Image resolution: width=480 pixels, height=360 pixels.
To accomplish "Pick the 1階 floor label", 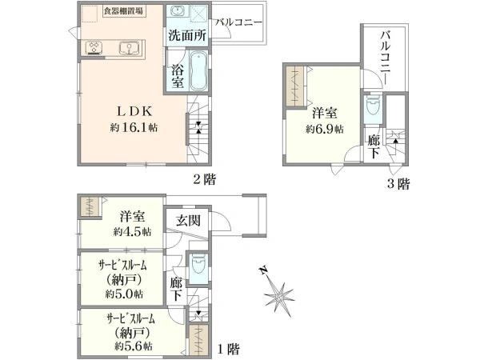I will [x=228, y=350].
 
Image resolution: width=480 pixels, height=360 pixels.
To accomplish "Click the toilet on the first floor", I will [x=198, y=266].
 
